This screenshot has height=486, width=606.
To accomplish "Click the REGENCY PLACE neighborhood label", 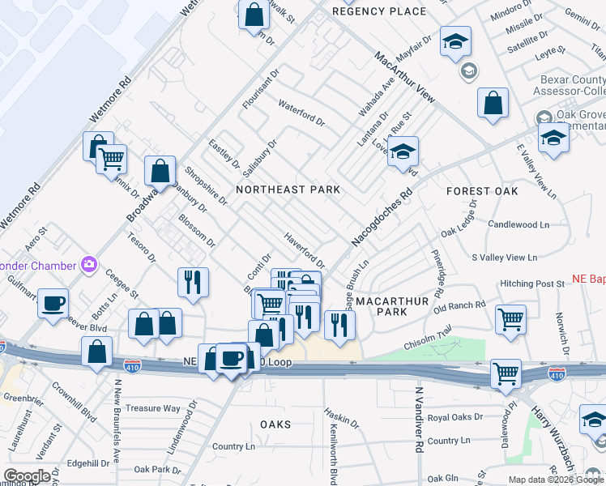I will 379,11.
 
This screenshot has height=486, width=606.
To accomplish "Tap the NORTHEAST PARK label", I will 287,190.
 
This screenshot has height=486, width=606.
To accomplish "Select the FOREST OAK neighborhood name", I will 482,191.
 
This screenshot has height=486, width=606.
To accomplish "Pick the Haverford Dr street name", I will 304,251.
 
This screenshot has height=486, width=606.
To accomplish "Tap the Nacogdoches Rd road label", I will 382,219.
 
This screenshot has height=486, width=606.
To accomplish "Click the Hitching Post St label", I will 532,283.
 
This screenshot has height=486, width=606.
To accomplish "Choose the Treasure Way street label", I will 153,408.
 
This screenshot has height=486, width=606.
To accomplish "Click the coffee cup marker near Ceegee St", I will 53,303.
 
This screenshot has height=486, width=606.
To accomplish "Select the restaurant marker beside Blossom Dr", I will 193,282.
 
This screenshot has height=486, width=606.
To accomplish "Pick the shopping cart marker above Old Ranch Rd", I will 510,319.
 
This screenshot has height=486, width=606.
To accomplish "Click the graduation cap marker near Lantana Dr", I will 403,151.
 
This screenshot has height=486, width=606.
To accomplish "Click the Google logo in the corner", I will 27,476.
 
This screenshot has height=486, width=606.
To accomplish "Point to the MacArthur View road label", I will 404,78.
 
